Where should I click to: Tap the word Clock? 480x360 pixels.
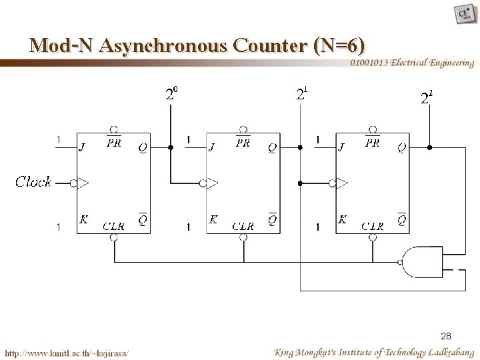[34, 181]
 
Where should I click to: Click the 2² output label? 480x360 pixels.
[427, 98]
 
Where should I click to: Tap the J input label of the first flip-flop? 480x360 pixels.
[82, 147]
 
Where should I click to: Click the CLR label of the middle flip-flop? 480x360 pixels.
[243, 226]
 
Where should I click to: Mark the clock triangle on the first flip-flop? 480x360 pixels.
[83, 181]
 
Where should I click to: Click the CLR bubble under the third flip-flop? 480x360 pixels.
[375, 236]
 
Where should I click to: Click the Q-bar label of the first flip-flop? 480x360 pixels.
[143, 219]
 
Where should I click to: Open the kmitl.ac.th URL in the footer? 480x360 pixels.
[67, 351]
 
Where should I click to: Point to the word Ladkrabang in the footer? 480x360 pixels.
[445, 351]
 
